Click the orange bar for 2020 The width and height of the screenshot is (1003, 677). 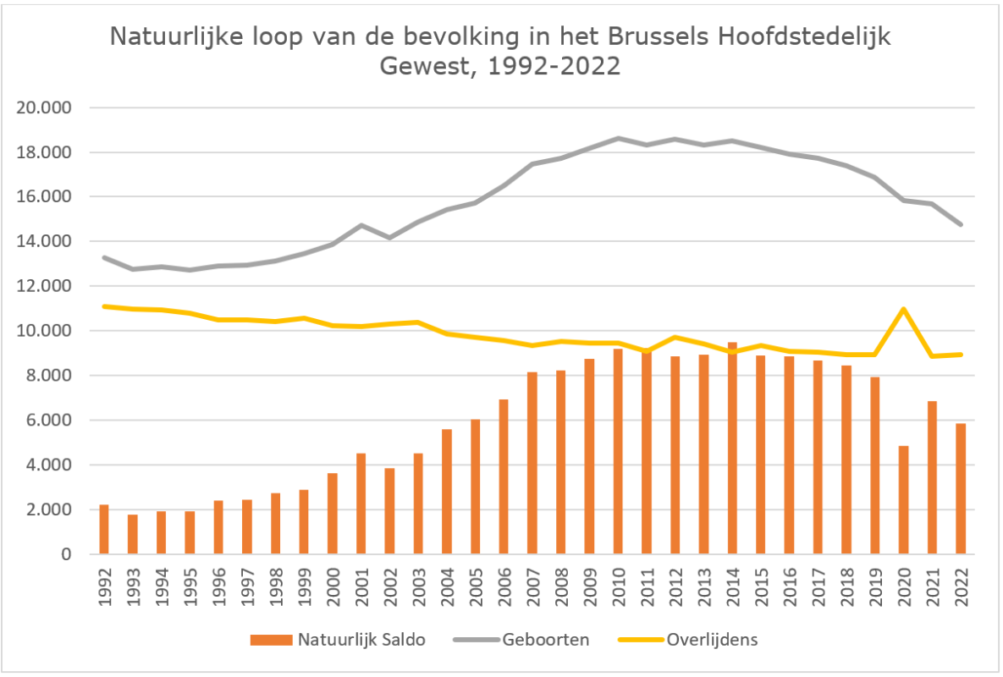pyautogui.click(x=904, y=500)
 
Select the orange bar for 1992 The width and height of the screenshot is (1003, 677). pyautogui.click(x=104, y=530)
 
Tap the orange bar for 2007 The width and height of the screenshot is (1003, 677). pyautogui.click(x=532, y=464)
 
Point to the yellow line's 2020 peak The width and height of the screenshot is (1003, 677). pyautogui.click(x=904, y=309)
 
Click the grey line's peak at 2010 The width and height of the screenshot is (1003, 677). pyautogui.click(x=619, y=138)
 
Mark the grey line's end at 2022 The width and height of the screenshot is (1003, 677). pyautogui.click(x=961, y=224)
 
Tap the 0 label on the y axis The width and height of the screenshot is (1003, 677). pyautogui.click(x=67, y=554)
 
